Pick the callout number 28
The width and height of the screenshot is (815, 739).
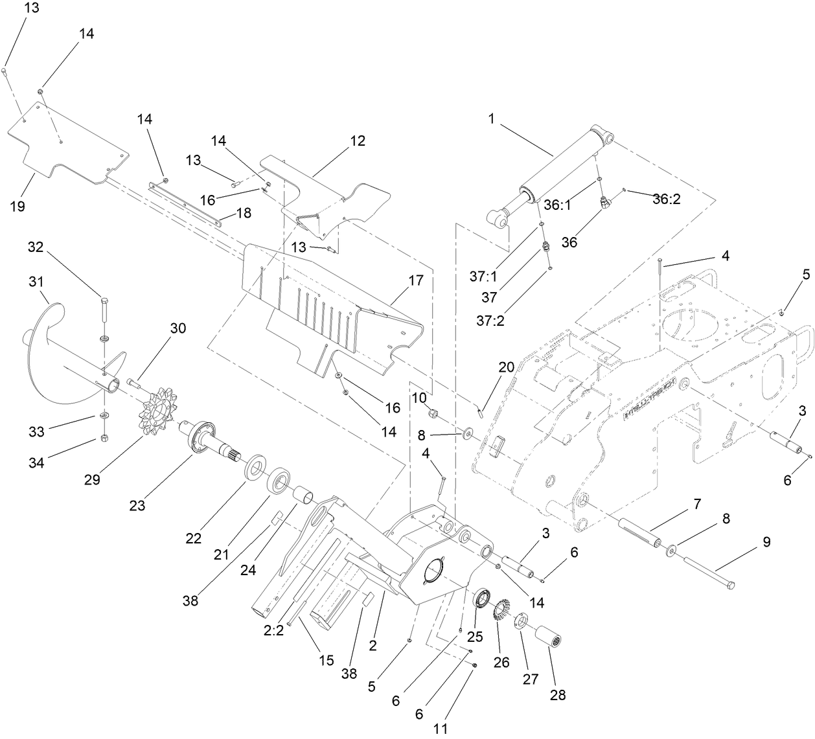coord(557,695)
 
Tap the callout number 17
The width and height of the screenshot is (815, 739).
coord(415,280)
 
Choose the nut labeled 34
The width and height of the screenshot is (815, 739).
coord(106,438)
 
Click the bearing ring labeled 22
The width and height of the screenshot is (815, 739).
coord(255,467)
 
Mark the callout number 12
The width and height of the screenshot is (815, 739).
coord(358,141)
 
